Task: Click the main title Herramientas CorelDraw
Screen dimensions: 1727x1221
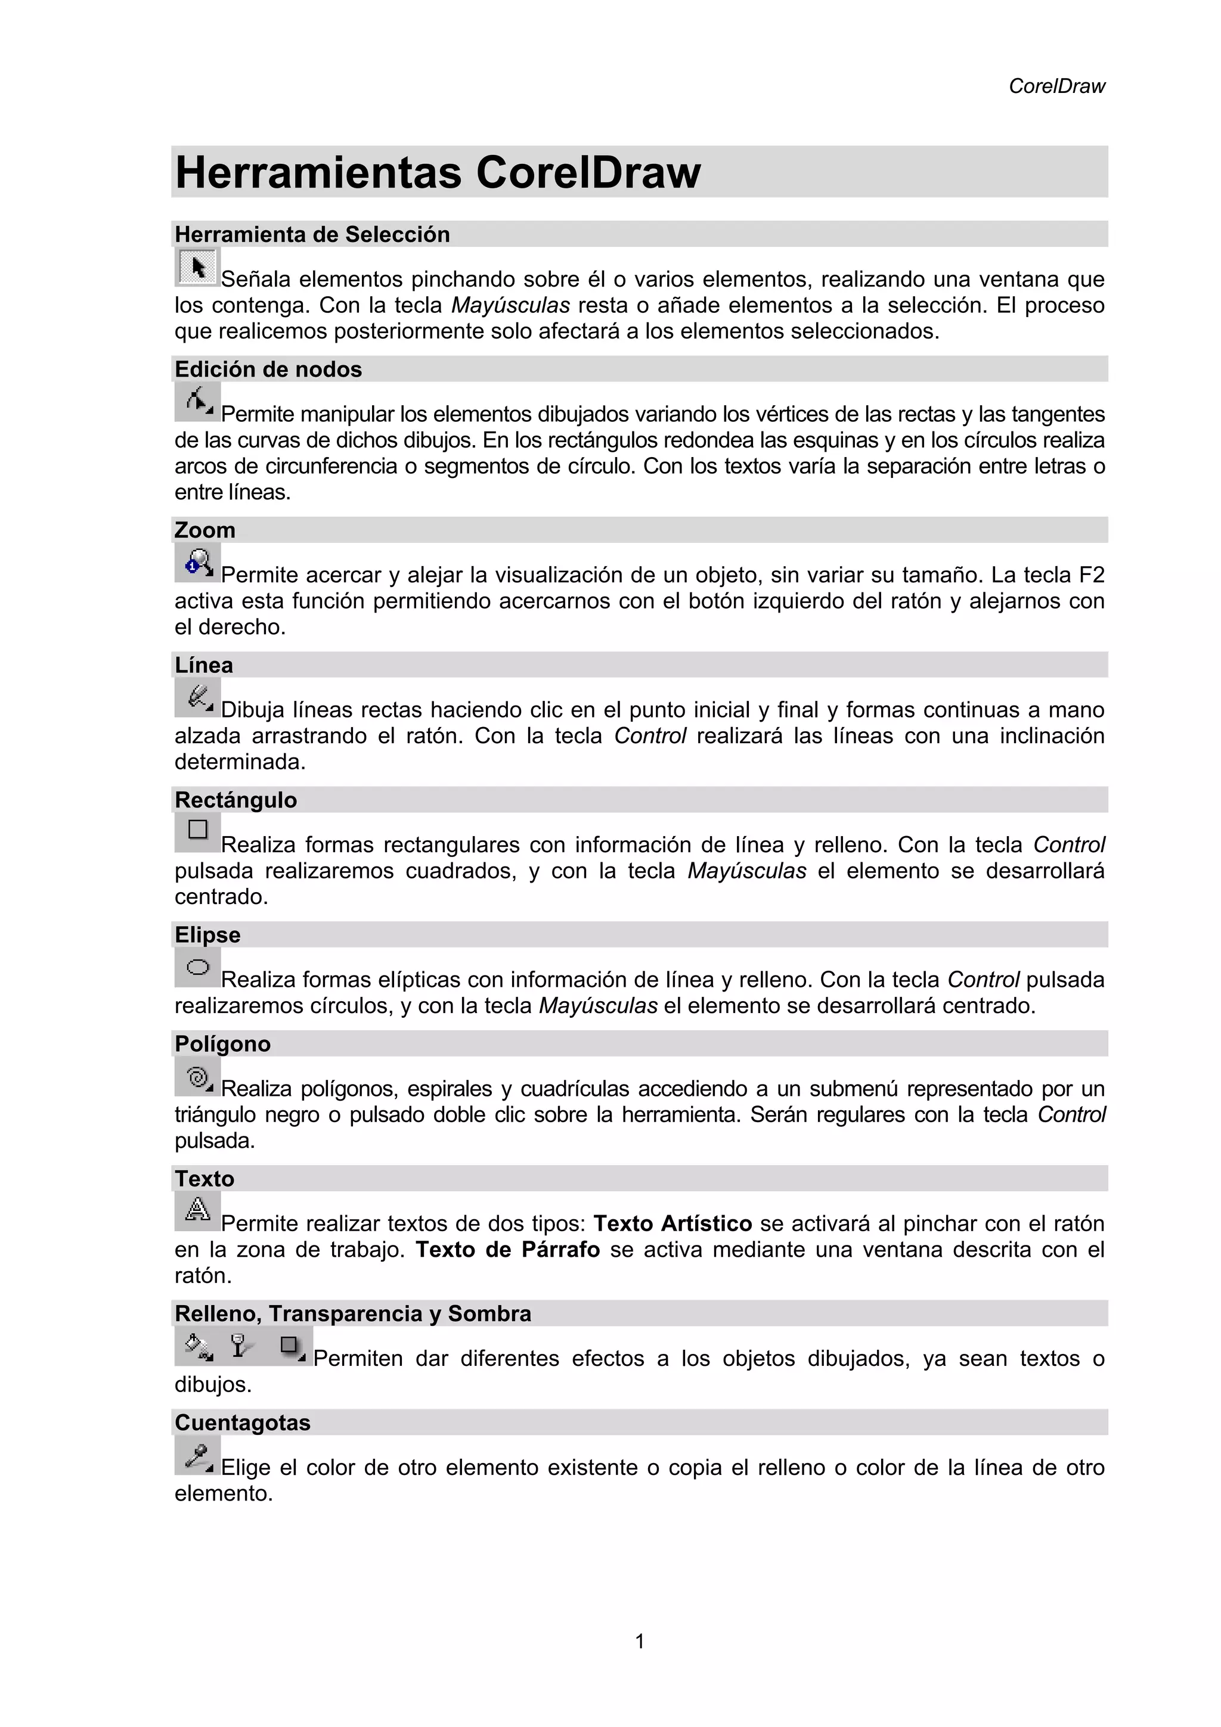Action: [438, 172]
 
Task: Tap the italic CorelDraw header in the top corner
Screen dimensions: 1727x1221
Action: [1056, 86]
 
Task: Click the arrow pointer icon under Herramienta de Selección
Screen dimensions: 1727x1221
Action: [198, 267]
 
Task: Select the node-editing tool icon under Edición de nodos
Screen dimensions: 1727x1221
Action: [198, 401]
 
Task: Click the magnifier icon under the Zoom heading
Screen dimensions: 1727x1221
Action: [198, 563]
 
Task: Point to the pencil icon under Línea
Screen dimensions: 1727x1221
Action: [198, 697]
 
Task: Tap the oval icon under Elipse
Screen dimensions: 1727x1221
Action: [198, 967]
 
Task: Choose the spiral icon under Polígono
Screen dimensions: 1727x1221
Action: [198, 1077]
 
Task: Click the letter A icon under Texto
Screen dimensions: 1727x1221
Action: [198, 1210]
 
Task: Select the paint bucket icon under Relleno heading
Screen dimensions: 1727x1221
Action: [198, 1346]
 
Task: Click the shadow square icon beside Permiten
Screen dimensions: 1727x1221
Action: [291, 1346]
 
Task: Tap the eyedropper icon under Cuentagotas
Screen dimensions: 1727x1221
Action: [198, 1455]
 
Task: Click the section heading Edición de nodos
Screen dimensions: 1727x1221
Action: [268, 369]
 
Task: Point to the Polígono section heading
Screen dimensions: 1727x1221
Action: [223, 1044]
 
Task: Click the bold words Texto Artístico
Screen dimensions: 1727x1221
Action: [673, 1224]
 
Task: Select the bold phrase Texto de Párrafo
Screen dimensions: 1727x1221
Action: [508, 1250]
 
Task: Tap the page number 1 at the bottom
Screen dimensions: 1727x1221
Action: [640, 1641]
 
